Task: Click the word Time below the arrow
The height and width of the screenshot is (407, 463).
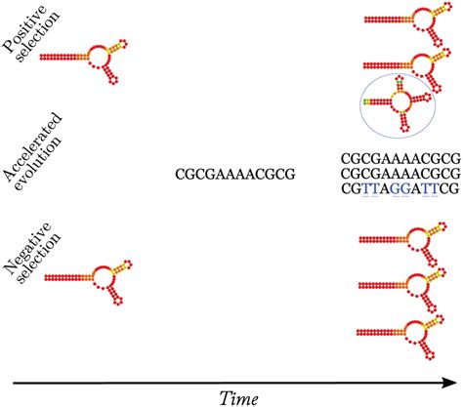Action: [239, 398]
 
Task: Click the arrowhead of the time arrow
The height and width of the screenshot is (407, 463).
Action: [451, 383]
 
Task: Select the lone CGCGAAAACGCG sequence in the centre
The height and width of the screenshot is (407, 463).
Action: [235, 175]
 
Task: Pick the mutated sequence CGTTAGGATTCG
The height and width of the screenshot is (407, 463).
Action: [400, 188]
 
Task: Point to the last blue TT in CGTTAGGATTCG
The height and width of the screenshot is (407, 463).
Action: [430, 188]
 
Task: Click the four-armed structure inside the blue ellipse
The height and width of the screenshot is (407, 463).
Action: [398, 102]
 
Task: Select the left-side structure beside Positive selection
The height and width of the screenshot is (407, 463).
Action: [83, 61]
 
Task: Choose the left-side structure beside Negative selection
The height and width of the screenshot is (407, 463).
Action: [88, 282]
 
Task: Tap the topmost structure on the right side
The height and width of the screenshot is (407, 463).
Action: [408, 23]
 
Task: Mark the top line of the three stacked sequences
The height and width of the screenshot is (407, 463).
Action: [400, 159]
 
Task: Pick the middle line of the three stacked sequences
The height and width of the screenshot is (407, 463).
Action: [400, 174]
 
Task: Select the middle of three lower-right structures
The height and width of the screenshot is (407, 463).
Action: [402, 289]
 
